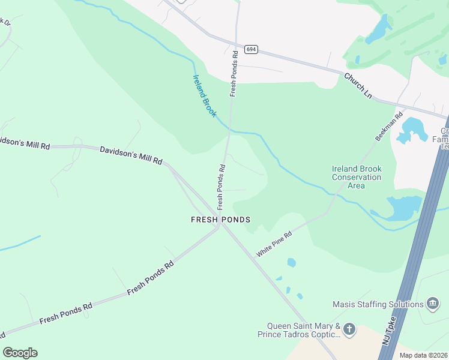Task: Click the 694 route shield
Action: [252, 49]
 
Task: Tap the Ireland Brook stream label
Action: [204, 95]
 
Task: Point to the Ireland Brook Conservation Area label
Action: [357, 177]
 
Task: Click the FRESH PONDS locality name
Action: [220, 220]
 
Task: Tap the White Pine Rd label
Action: [274, 244]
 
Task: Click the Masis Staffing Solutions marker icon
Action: [432, 304]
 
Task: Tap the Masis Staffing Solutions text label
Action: [379, 304]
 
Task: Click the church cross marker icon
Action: [349, 329]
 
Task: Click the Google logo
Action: [20, 353]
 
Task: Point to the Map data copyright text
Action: [423, 355]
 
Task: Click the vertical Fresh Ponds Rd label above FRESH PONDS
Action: [221, 183]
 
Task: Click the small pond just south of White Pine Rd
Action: [292, 262]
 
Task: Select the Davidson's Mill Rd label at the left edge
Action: [24, 142]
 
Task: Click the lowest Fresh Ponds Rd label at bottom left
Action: [66, 313]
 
